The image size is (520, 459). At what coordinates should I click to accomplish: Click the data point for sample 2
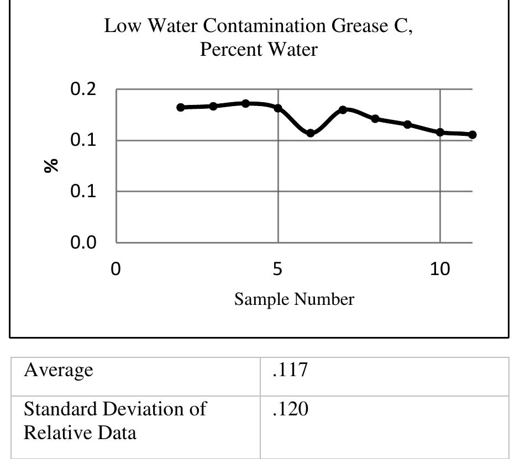click(x=180, y=107)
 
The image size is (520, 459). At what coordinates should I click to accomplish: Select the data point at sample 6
click(x=311, y=133)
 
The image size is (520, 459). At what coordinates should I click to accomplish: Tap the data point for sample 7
click(x=343, y=110)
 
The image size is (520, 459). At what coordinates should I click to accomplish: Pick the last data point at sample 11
click(x=472, y=135)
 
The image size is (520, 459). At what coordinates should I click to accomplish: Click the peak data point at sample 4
click(x=245, y=103)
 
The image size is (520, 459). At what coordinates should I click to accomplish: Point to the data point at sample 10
click(x=440, y=133)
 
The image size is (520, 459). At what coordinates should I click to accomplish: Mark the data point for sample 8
click(x=375, y=119)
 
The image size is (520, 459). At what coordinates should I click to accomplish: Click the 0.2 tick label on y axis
click(x=83, y=89)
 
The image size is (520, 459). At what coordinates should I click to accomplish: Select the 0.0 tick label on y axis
click(x=83, y=243)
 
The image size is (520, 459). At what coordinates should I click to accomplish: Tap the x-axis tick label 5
click(x=277, y=270)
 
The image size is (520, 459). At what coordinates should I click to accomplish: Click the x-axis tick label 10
click(x=440, y=270)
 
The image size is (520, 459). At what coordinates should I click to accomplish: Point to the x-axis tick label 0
click(x=115, y=270)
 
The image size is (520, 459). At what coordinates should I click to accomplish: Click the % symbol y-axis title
click(x=52, y=165)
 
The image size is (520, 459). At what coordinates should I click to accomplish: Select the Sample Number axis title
click(x=294, y=299)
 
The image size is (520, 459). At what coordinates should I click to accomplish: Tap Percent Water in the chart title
click(x=259, y=50)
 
